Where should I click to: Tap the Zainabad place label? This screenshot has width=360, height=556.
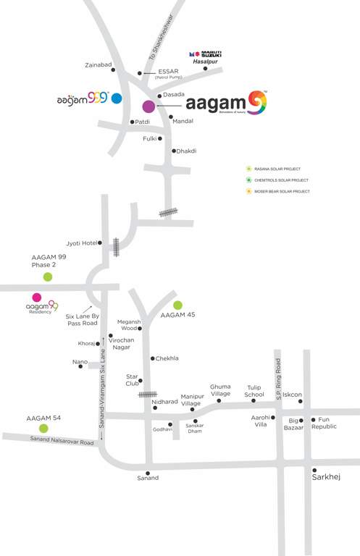(x=99, y=65)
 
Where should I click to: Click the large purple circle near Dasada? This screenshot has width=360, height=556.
(x=148, y=106)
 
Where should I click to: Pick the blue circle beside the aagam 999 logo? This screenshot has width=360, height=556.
(x=116, y=96)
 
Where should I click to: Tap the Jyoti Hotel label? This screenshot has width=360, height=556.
(x=81, y=243)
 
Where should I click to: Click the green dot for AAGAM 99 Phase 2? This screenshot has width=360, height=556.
(x=48, y=277)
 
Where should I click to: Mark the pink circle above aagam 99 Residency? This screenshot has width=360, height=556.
(x=36, y=297)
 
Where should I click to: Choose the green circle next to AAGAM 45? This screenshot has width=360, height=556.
(x=178, y=305)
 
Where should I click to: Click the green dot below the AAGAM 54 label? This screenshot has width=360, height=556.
(x=43, y=429)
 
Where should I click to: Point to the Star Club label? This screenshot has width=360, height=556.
(x=132, y=380)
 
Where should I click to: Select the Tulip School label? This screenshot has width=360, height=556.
(x=254, y=390)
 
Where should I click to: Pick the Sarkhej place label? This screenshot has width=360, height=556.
(x=325, y=478)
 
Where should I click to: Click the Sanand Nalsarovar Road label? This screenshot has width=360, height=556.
(x=62, y=442)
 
